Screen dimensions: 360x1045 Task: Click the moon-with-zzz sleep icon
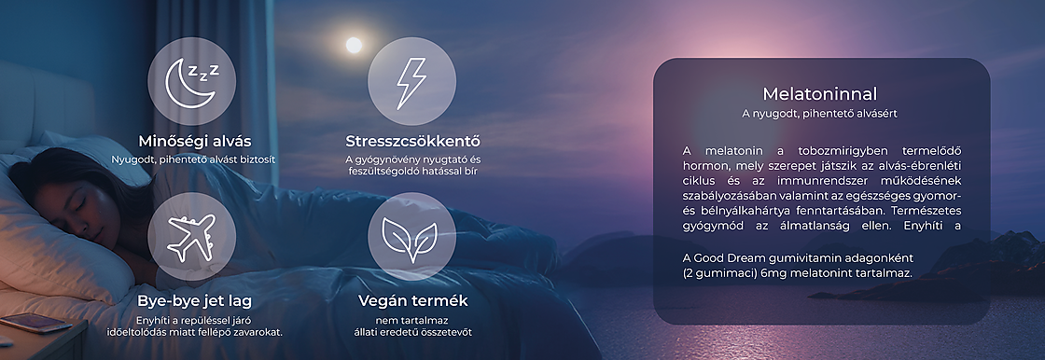pos(191,81)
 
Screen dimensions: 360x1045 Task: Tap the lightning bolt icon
pos(411,81)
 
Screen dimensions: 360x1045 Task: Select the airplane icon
pos(191,236)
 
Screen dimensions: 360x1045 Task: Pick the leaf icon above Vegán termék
pos(411,236)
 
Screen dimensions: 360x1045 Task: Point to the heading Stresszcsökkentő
pos(412,142)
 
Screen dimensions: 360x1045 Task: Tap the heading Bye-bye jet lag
pos(194,301)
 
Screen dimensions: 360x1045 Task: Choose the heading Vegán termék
pos(413,301)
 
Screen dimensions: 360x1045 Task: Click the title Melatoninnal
pos(820,94)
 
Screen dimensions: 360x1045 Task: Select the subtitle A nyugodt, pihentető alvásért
pos(820,114)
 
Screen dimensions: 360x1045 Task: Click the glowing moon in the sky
pos(354,45)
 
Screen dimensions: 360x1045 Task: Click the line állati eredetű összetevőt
pos(411,333)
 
